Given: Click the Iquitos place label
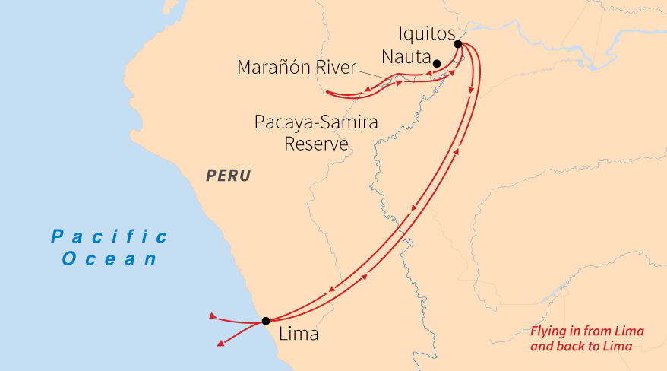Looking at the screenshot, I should click(426, 34).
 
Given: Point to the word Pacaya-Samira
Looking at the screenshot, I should click(316, 122).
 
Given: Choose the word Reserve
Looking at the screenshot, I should click(316, 144).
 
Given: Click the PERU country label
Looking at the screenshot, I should click(229, 176).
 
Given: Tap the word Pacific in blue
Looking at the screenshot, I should click(109, 236).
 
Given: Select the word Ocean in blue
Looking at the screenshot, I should click(109, 258).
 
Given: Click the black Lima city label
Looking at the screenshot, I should click(299, 334).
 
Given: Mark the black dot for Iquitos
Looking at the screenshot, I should click(457, 44).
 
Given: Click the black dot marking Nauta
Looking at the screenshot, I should click(437, 63).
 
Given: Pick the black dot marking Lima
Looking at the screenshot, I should click(265, 321).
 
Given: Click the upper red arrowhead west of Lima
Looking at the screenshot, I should click(213, 315).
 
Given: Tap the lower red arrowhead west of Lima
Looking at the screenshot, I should click(220, 344).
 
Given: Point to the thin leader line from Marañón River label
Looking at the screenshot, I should click(376, 72).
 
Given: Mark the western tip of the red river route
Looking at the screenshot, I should click(327, 93).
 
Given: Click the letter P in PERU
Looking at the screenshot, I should click(211, 176).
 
